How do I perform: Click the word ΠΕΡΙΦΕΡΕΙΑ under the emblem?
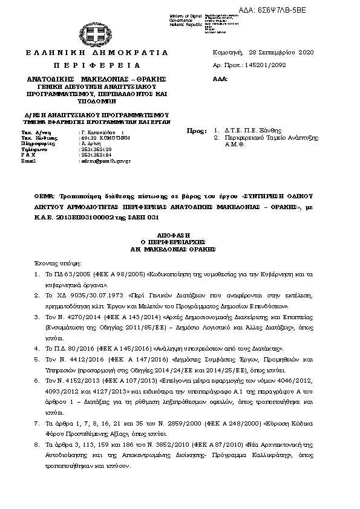pos(97,65)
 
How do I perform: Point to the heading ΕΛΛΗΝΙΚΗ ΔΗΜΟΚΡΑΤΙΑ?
pos(97,53)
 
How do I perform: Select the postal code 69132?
pos(88,137)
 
